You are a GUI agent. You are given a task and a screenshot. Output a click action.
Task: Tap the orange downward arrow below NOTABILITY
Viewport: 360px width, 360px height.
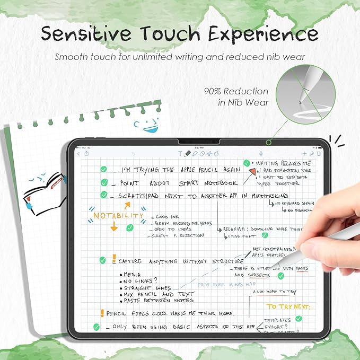tap(113, 227)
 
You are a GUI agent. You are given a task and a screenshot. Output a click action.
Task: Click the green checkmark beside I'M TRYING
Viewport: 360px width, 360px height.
tap(104, 170)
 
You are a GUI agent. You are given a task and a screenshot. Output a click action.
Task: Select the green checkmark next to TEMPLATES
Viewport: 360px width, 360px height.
tap(299, 319)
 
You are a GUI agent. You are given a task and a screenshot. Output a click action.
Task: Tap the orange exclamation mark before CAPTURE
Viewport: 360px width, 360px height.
tap(113, 259)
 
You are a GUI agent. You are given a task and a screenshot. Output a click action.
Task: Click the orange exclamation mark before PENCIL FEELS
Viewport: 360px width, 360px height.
tap(102, 313)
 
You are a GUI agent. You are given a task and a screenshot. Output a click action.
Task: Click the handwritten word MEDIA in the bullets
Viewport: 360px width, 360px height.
tap(133, 274)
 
